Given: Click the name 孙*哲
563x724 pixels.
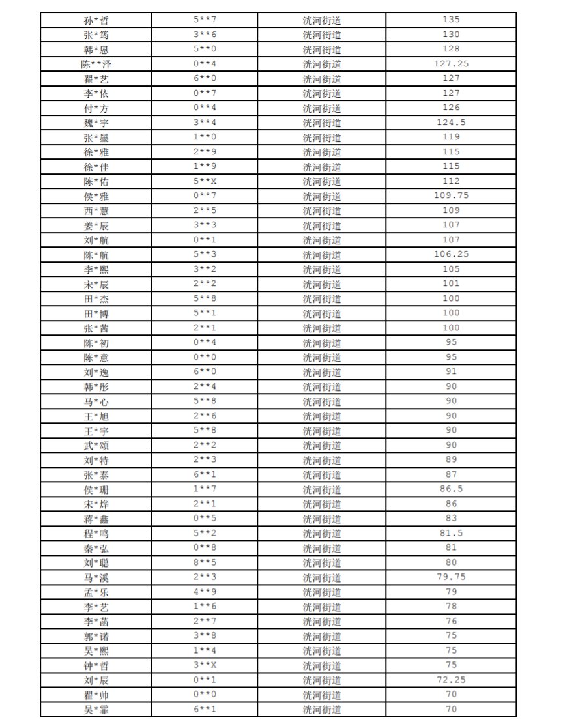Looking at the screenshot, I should (96, 20).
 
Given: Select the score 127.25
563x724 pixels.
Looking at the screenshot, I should (451, 64).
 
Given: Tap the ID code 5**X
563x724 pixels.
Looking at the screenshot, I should (205, 181).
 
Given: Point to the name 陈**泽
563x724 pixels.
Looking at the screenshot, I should (96, 64).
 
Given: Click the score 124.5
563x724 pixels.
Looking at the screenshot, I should (451, 123).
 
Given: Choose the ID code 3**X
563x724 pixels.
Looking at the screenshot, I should (205, 665).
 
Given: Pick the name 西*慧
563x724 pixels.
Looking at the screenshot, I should (96, 210).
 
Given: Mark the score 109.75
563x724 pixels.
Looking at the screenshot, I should (451, 195).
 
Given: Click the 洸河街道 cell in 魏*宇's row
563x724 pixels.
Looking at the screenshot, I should (322, 123).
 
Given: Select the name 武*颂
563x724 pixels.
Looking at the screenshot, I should (96, 445).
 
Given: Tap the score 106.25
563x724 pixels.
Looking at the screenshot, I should (451, 254).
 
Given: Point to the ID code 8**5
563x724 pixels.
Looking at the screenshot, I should (205, 562).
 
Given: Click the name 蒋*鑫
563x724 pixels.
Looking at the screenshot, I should (96, 519).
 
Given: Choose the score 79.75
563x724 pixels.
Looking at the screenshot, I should (451, 577).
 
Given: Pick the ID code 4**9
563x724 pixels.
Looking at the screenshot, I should (205, 592).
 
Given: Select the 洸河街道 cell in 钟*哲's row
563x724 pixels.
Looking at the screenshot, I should (322, 665).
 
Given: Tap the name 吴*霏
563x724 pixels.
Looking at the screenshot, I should (96, 710).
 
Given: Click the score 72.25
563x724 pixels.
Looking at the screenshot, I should (451, 680).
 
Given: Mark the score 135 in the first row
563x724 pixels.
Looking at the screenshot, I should (451, 20).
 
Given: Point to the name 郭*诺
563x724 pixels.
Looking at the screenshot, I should (96, 636).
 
